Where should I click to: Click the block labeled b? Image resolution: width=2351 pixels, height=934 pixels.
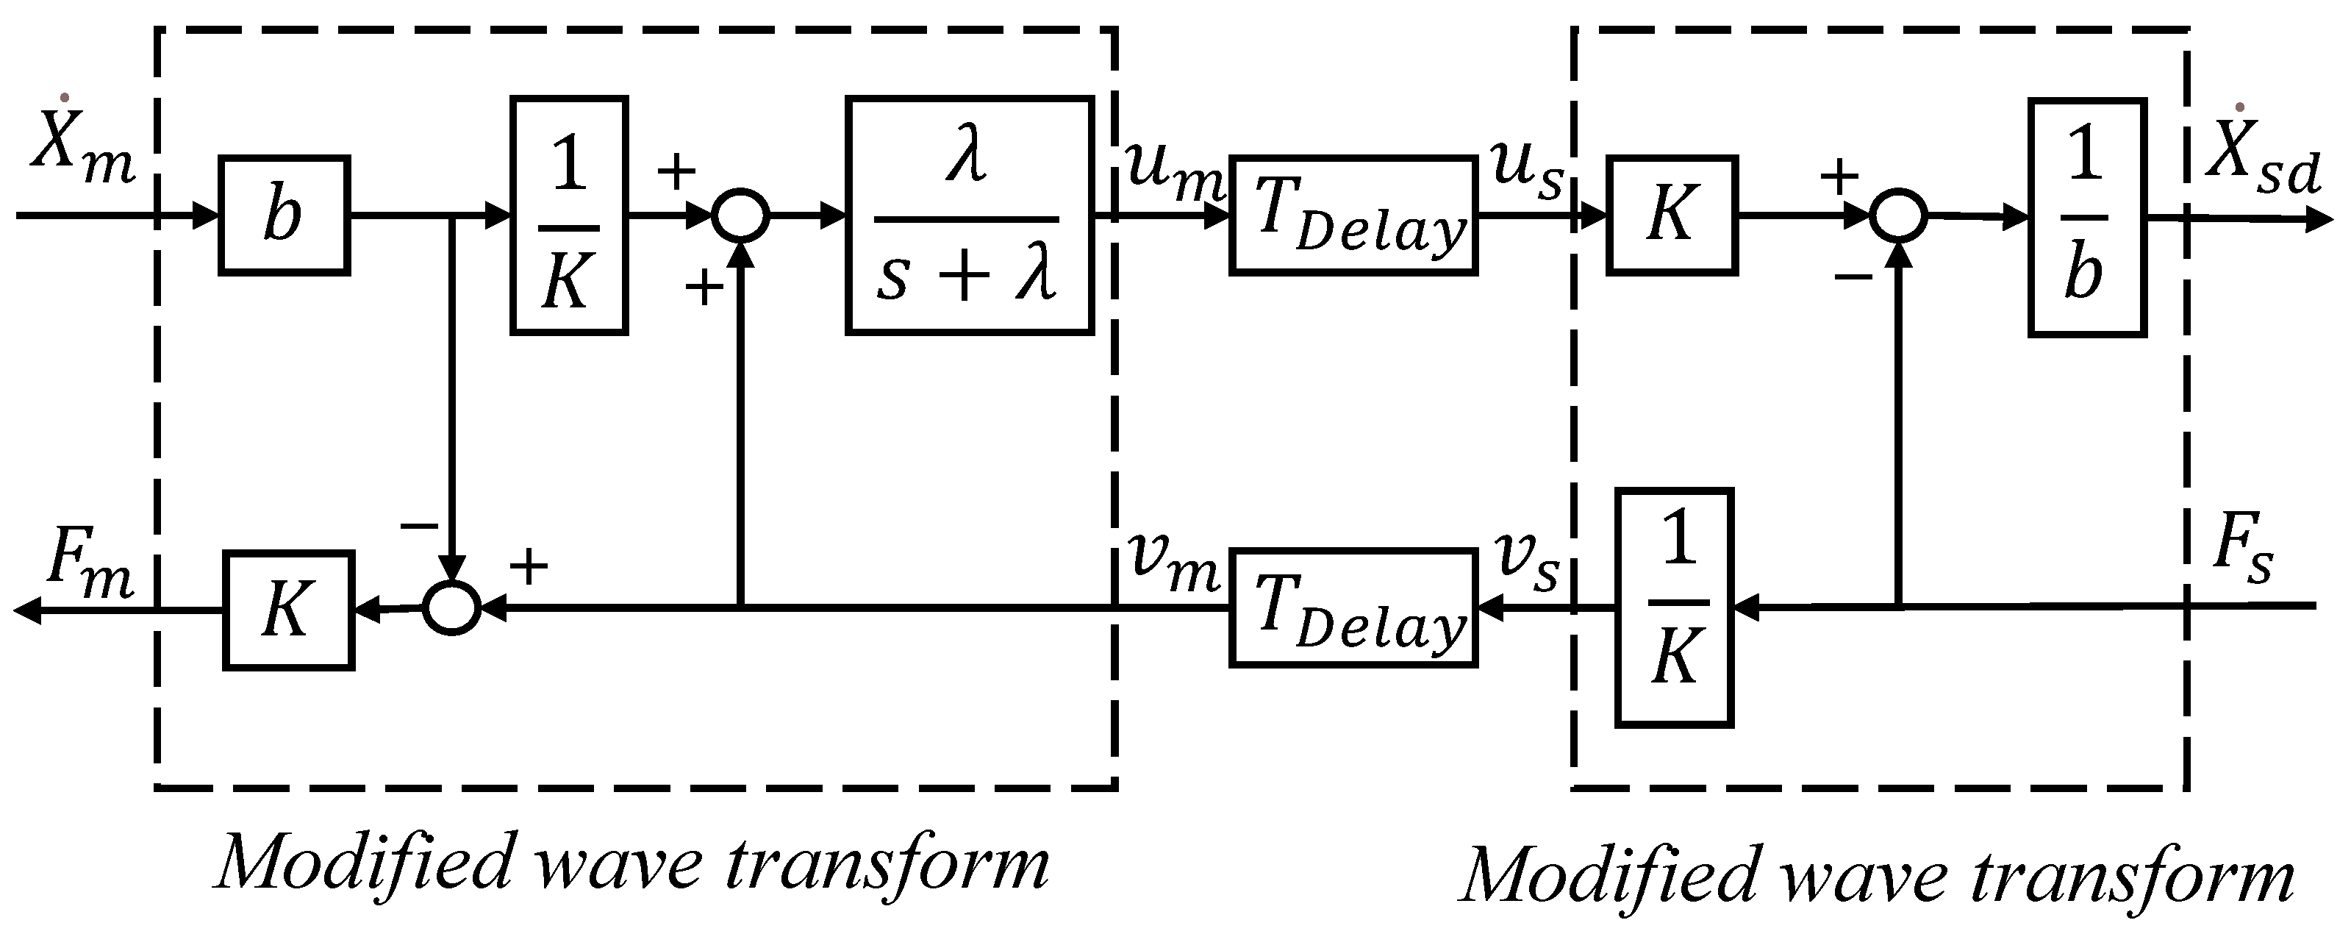click(284, 215)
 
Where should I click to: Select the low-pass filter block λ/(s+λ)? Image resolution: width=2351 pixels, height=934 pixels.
click(969, 215)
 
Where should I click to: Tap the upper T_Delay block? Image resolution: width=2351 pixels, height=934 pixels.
click(1353, 215)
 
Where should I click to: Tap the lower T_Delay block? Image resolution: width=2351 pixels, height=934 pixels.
click(1353, 607)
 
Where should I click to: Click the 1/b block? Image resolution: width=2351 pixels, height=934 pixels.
click(2086, 217)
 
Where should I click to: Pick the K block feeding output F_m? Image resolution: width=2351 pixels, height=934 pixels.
click(288, 610)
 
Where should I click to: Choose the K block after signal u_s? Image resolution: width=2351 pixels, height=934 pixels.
click(1671, 215)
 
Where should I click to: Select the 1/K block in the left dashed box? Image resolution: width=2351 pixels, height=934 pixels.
click(568, 215)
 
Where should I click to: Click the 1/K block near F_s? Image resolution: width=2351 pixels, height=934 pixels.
click(1674, 607)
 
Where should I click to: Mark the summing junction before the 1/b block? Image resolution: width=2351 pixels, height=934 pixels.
click(1898, 217)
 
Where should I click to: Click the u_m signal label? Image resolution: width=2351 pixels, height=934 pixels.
click(1172, 171)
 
